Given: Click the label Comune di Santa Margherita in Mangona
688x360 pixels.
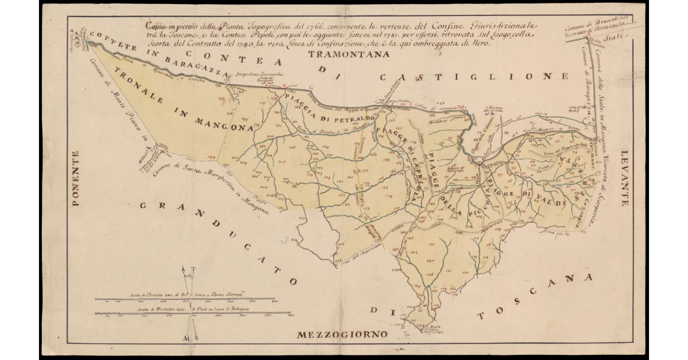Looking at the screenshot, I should click(x=212, y=185).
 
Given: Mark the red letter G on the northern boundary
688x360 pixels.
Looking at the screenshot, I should click(x=311, y=87).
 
